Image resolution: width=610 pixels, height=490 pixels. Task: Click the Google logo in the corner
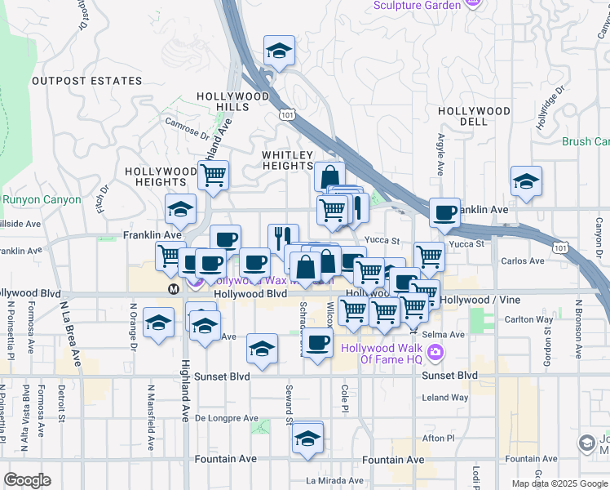[x=27, y=480]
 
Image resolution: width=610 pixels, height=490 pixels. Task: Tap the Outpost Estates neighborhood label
[x=87, y=82]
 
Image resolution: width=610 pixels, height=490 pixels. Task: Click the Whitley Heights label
[x=287, y=160]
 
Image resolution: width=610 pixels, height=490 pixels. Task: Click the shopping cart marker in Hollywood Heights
[x=213, y=176]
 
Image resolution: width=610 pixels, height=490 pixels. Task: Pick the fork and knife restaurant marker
[x=282, y=239]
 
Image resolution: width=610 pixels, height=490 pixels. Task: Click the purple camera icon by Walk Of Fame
[x=436, y=352]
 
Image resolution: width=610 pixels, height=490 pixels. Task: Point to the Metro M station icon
[x=173, y=289]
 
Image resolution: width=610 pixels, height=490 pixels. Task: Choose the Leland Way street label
[x=445, y=398]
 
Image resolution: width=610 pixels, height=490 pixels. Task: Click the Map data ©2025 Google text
[x=559, y=483]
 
